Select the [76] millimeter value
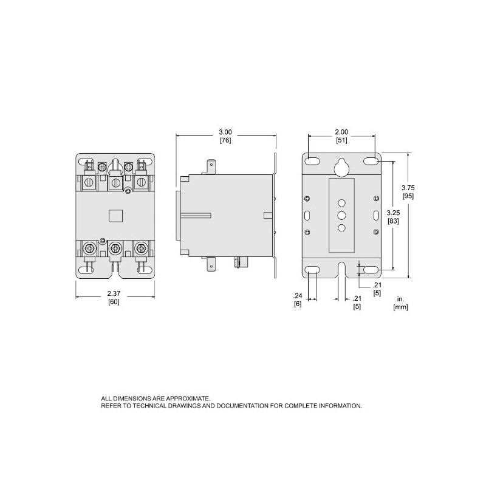[225, 140]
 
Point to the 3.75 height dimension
[408, 187]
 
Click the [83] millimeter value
[394, 221]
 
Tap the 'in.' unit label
[400, 299]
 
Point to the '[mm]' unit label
[400, 307]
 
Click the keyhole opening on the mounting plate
[341, 166]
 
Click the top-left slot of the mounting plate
[312, 161]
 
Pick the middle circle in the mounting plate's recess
[341, 215]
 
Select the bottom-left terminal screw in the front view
[88, 248]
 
